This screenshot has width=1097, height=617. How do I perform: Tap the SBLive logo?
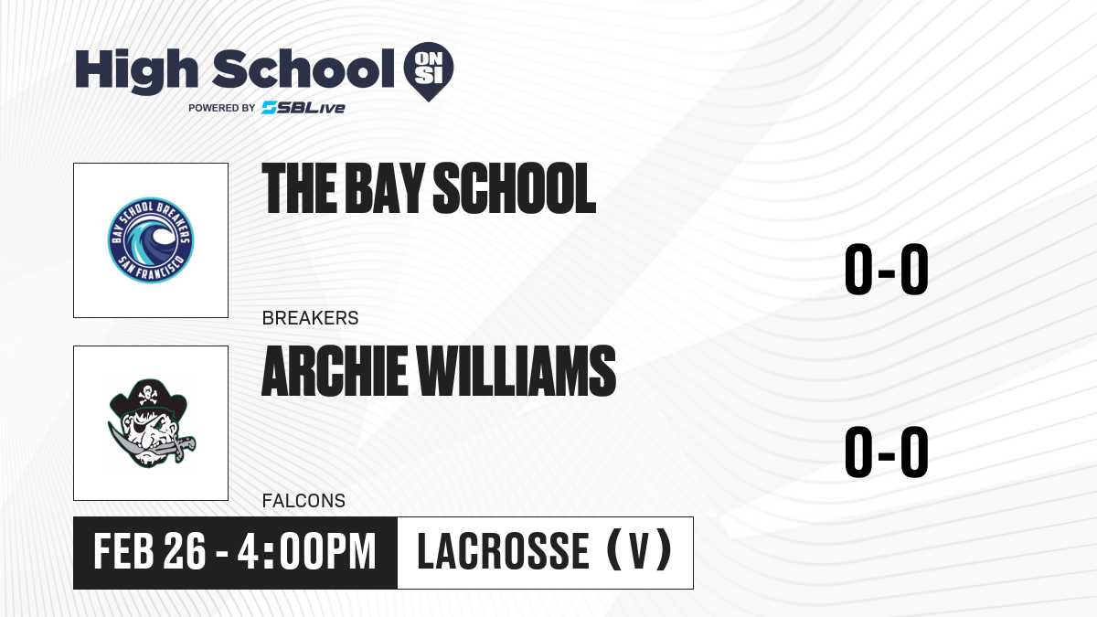coord(304,107)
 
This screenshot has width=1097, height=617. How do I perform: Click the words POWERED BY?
coord(222,108)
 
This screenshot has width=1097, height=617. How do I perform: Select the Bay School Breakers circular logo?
coord(151,239)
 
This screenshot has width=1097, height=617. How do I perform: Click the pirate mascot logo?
coord(151,423)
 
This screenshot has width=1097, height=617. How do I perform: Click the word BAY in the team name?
coord(385,188)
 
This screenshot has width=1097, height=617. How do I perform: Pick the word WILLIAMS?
coord(517,370)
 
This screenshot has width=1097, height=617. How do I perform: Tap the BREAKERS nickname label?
coord(311,318)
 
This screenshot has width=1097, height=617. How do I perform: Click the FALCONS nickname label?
coord(304,501)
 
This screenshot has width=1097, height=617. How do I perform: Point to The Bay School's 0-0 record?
coord(887,269)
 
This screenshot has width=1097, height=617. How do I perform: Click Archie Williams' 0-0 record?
coord(887,452)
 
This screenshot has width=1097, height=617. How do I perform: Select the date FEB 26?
coord(149,551)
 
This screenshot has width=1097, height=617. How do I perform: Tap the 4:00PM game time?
coord(307,551)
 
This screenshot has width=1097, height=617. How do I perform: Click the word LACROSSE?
coord(503,551)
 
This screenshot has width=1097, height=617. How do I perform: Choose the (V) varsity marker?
coord(639,550)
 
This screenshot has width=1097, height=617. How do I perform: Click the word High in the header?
coord(137,71)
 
